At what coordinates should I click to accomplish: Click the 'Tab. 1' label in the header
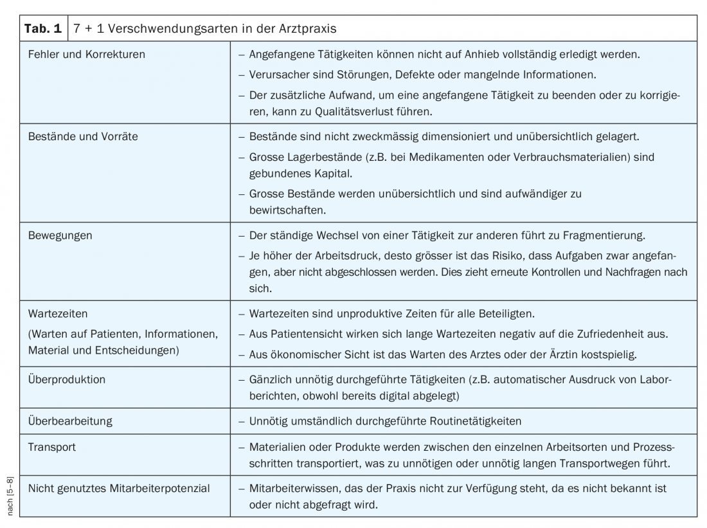[x=42, y=28]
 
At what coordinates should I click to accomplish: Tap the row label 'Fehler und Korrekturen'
[x=87, y=55]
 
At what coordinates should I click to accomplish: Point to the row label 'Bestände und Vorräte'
[x=82, y=136]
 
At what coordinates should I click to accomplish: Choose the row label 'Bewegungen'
[x=60, y=235]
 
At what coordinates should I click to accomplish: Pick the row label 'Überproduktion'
[x=67, y=379]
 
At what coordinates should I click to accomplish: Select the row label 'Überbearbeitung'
[x=71, y=421]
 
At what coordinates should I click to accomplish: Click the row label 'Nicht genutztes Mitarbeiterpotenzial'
[x=119, y=488]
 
